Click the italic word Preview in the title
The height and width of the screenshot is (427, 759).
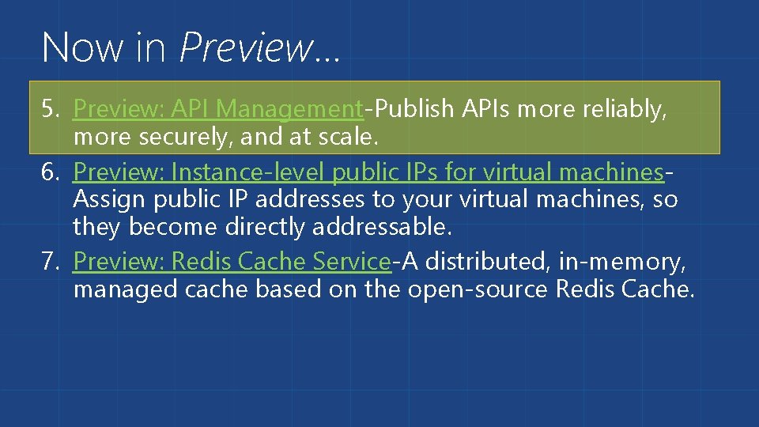[x=246, y=47]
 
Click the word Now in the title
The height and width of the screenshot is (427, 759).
[x=81, y=47]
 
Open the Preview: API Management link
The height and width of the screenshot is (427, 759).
[x=217, y=109]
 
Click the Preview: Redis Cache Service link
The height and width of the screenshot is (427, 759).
[x=232, y=260]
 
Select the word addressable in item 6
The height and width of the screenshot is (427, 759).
[x=382, y=228]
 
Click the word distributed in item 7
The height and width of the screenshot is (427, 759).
[x=493, y=260]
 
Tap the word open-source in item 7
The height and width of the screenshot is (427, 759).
[x=478, y=289]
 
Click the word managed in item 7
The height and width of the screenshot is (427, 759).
[x=126, y=289]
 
